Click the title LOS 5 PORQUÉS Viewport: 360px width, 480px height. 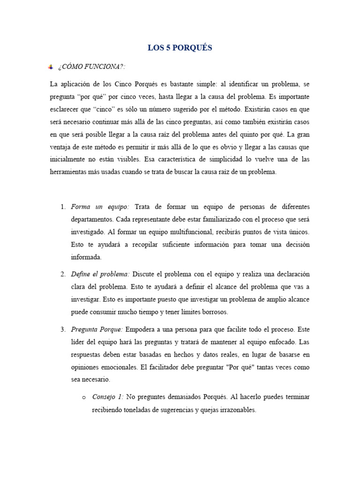point(180,48)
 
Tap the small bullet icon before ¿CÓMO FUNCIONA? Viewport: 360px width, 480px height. point(51,68)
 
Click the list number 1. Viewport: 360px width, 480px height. point(63,207)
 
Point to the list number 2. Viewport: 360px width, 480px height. point(63,274)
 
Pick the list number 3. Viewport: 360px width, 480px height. point(63,329)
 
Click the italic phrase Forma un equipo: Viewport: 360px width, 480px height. point(100,207)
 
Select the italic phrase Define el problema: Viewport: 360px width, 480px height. point(100,274)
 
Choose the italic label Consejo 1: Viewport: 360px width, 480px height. point(108,397)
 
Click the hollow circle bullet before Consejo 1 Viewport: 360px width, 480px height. point(84,397)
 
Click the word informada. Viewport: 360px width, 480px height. point(86,257)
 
